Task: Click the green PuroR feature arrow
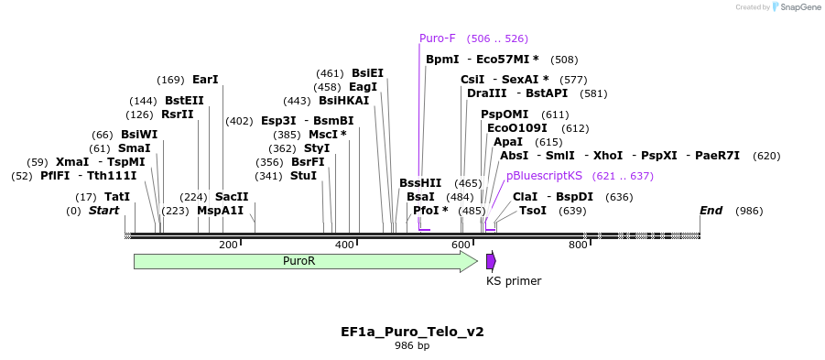(x=302, y=261)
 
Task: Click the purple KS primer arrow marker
(x=491, y=261)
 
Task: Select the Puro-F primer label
(x=437, y=38)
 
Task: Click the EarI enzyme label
(x=205, y=80)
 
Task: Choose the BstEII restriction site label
(x=184, y=101)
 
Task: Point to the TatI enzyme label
(x=117, y=197)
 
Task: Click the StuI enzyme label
(x=303, y=176)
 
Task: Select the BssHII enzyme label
(x=420, y=183)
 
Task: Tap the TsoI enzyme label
(x=533, y=211)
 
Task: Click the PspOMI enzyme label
(x=505, y=115)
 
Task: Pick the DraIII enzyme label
(x=486, y=93)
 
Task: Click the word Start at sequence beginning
(x=103, y=211)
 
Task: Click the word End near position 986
(x=711, y=211)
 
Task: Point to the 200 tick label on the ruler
(x=228, y=245)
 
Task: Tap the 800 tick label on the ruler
(x=578, y=245)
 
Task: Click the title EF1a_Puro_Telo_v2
(x=412, y=331)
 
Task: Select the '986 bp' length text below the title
(x=412, y=346)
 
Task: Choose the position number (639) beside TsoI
(x=572, y=211)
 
